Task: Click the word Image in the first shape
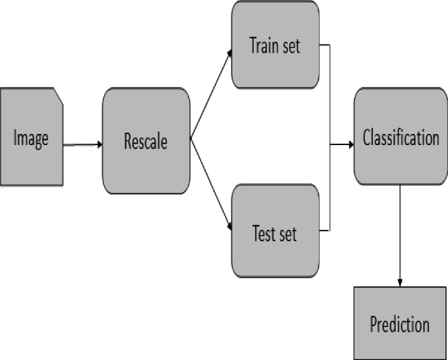pyautogui.click(x=31, y=139)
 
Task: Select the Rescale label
pyautogui.click(x=146, y=141)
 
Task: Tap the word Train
pyautogui.click(x=263, y=46)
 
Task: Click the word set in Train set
pyautogui.click(x=289, y=46)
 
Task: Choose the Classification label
pyautogui.click(x=400, y=138)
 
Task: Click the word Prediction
pyautogui.click(x=400, y=324)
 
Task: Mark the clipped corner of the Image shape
pyautogui.click(x=58, y=96)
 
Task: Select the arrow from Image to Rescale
pyautogui.click(x=82, y=144)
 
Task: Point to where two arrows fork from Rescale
pyautogui.click(x=191, y=139)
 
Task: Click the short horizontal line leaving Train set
pyautogui.click(x=324, y=46)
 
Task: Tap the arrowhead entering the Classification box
pyautogui.click(x=350, y=144)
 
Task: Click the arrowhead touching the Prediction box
pyautogui.click(x=400, y=282)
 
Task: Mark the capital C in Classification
pyautogui.click(x=367, y=138)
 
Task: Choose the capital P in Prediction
pyautogui.click(x=373, y=324)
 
